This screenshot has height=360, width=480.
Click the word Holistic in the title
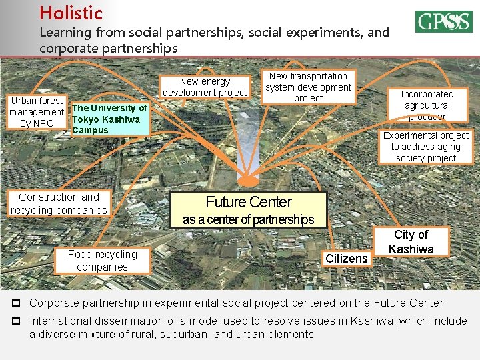click(x=71, y=13)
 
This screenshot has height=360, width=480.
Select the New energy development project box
click(x=205, y=87)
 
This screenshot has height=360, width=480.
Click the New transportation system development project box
click(x=308, y=87)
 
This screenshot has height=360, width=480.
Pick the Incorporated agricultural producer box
click(x=427, y=105)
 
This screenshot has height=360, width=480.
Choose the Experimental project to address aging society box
click(x=425, y=147)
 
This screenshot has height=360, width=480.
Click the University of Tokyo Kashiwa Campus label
click(x=109, y=119)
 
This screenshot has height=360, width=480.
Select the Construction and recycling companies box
click(x=59, y=203)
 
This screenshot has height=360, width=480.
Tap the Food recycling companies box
click(x=102, y=261)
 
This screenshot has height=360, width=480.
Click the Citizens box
click(x=346, y=258)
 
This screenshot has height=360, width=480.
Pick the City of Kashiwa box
click(x=411, y=242)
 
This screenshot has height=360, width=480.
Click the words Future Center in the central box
click(x=249, y=202)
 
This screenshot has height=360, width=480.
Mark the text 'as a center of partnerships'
click(x=248, y=219)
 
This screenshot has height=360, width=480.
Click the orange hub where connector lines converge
click(x=248, y=179)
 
